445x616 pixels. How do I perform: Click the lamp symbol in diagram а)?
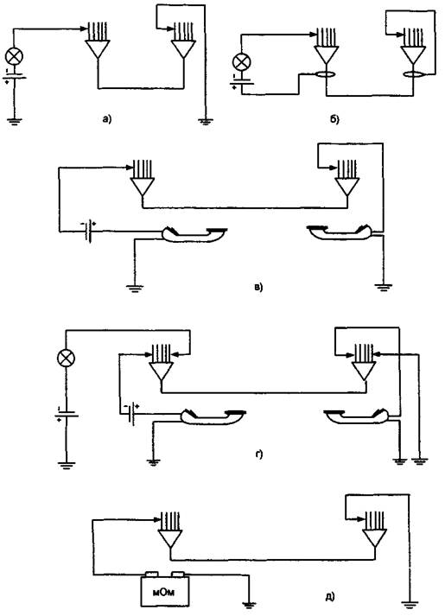click(x=14, y=56)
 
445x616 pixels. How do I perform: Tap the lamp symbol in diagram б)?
click(x=241, y=62)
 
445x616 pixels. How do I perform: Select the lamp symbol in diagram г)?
click(x=66, y=358)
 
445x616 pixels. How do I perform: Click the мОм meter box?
click(x=165, y=590)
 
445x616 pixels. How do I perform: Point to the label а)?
click(x=107, y=118)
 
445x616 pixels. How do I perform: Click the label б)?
click(x=334, y=119)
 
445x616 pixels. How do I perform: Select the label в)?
click(x=258, y=287)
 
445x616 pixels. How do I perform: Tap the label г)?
click(x=259, y=454)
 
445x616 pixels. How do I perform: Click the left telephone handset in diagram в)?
click(x=194, y=234)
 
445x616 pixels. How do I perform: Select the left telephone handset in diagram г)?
click(x=213, y=416)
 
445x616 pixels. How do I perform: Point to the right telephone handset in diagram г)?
click(x=356, y=416)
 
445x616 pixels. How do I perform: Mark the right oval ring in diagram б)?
click(x=413, y=74)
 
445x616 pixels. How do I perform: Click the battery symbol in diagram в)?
click(x=89, y=232)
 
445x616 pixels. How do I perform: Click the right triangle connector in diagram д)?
click(x=374, y=538)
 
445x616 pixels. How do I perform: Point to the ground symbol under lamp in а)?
click(x=14, y=121)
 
